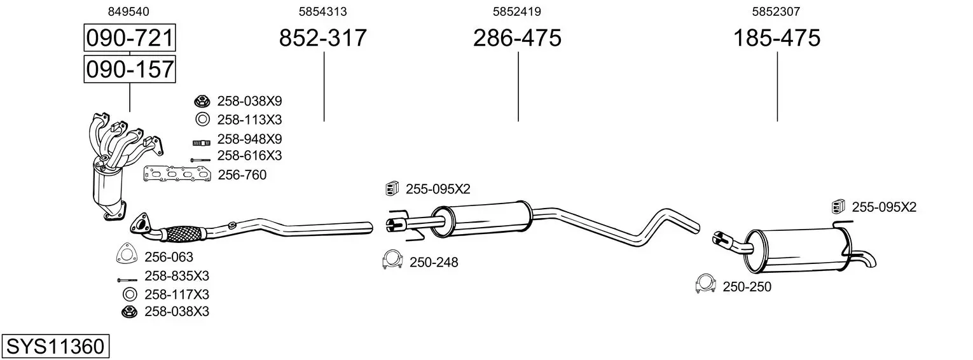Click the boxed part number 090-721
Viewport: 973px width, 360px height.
(x=130, y=38)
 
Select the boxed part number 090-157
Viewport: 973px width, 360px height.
(x=130, y=69)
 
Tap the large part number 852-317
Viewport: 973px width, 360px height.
(x=322, y=38)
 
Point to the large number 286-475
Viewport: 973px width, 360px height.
(x=517, y=38)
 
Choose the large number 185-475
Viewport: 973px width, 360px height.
(x=776, y=38)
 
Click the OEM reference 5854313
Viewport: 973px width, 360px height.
(x=322, y=11)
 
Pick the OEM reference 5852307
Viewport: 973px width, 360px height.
(x=776, y=11)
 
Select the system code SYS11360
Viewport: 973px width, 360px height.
(x=55, y=347)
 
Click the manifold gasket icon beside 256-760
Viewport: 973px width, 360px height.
(x=177, y=174)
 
